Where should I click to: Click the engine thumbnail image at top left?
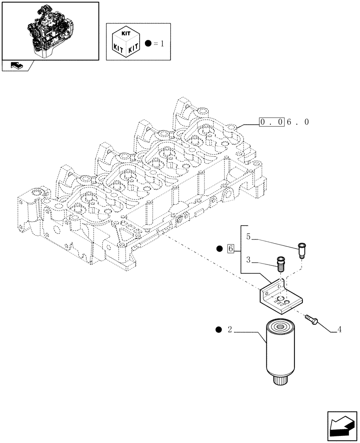(x=50, y=30)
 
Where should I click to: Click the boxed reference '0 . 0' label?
(x=271, y=122)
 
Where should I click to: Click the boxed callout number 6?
(x=230, y=249)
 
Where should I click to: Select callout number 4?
(x=339, y=329)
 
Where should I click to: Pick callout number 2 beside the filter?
(x=230, y=329)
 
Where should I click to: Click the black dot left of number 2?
(x=218, y=329)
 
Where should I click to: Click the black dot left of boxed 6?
(x=219, y=249)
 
